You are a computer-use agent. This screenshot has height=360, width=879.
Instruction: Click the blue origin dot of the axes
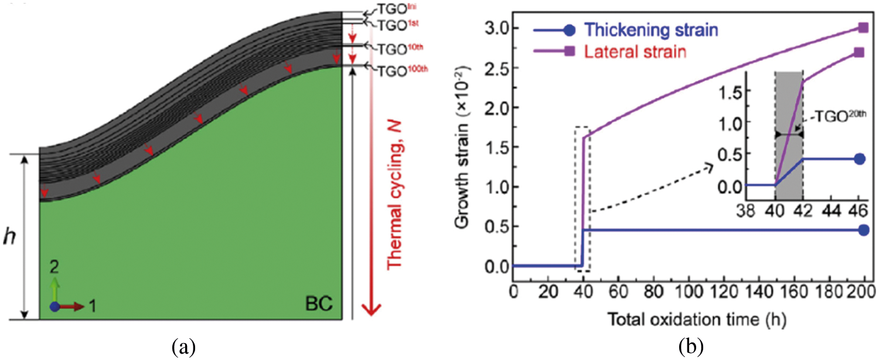coord(55,306)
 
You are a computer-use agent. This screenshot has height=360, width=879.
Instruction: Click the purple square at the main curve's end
coord(863,27)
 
